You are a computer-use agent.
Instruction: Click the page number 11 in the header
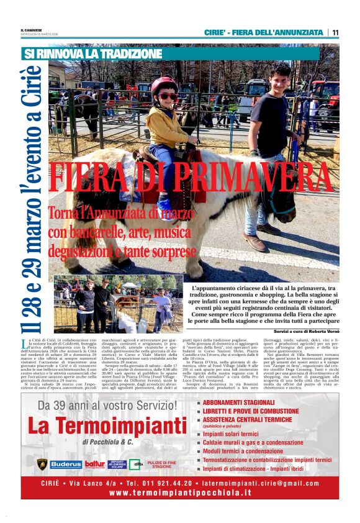(x=335, y=32)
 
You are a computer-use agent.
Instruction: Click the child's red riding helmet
(x=164, y=85)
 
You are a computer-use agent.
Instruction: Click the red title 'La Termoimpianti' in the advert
(x=107, y=426)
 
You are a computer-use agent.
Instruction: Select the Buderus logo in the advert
(x=66, y=464)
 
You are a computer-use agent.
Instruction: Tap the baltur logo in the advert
(x=94, y=464)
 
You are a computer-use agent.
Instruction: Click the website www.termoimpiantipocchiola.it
(x=179, y=493)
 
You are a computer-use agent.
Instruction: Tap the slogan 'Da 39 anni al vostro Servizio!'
(x=107, y=405)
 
